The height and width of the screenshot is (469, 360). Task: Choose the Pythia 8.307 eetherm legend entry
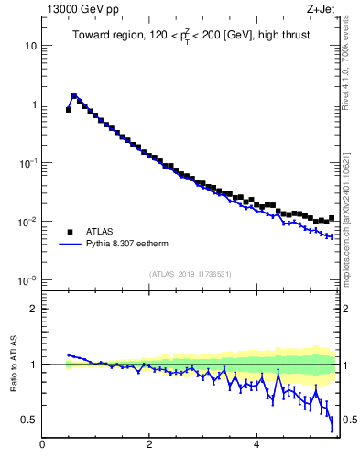[129, 245]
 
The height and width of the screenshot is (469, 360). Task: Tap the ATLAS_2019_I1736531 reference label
[191, 274]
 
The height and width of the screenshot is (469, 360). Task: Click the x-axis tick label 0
[42, 446]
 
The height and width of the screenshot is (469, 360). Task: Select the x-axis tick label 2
[149, 446]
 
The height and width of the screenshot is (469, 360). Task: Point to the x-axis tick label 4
[256, 446]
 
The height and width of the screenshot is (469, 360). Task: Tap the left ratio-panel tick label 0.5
[29, 420]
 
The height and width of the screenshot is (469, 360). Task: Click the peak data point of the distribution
[74, 95]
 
